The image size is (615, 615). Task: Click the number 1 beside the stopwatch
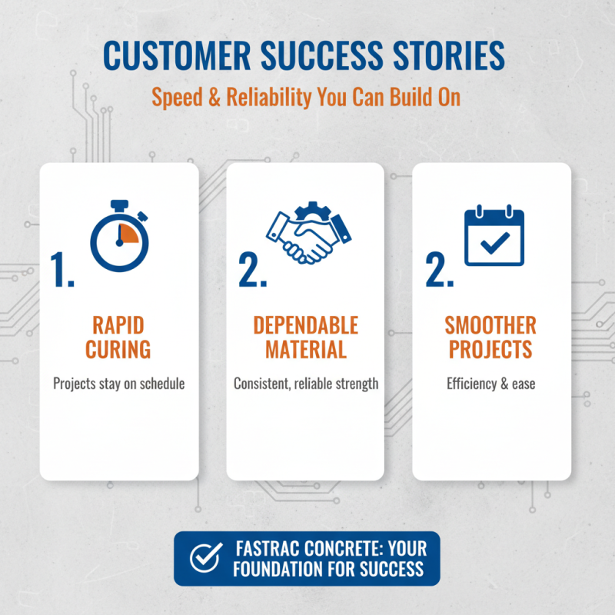[62, 270]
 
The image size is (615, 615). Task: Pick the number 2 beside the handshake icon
[252, 270]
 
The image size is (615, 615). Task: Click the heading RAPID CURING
[118, 337]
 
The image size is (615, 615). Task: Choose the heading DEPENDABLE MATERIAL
[306, 337]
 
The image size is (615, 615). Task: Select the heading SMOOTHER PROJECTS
[490, 337]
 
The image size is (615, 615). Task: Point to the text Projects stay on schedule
[118, 383]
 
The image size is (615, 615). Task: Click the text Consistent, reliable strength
[306, 383]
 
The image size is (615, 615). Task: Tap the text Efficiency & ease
[490, 383]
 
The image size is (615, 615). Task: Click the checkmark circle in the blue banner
[202, 558]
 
